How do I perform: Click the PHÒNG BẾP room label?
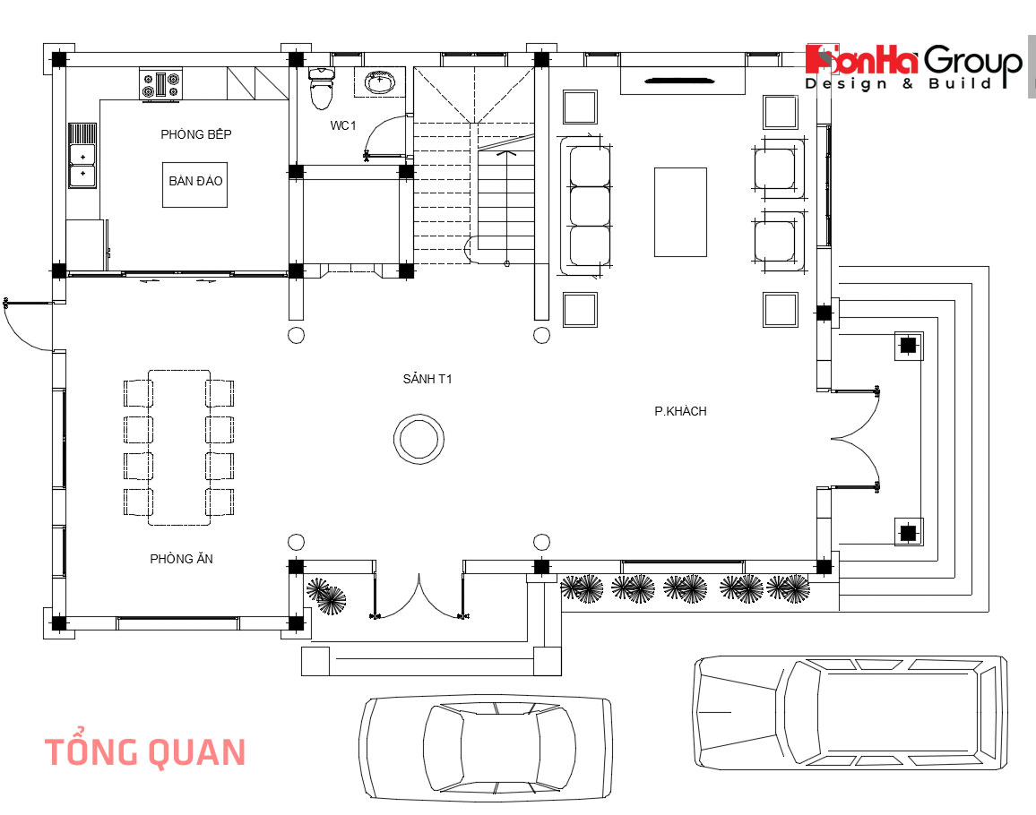196,134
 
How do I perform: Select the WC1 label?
342,125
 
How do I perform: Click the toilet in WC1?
320,88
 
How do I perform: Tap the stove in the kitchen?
160,85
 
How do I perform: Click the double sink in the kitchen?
82,154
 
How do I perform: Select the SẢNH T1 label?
427,379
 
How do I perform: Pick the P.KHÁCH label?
680,411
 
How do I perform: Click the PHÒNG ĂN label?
181,559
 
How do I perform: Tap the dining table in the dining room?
179,447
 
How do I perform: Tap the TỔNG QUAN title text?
144,752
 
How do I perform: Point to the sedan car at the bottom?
486,747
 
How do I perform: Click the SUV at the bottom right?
849,712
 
